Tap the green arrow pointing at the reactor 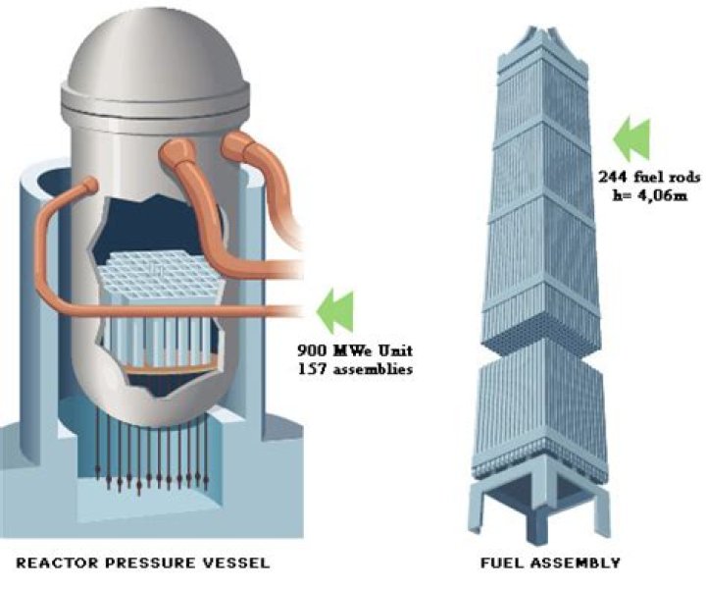[335, 312]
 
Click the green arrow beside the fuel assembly [631, 139]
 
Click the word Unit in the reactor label [396, 350]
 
